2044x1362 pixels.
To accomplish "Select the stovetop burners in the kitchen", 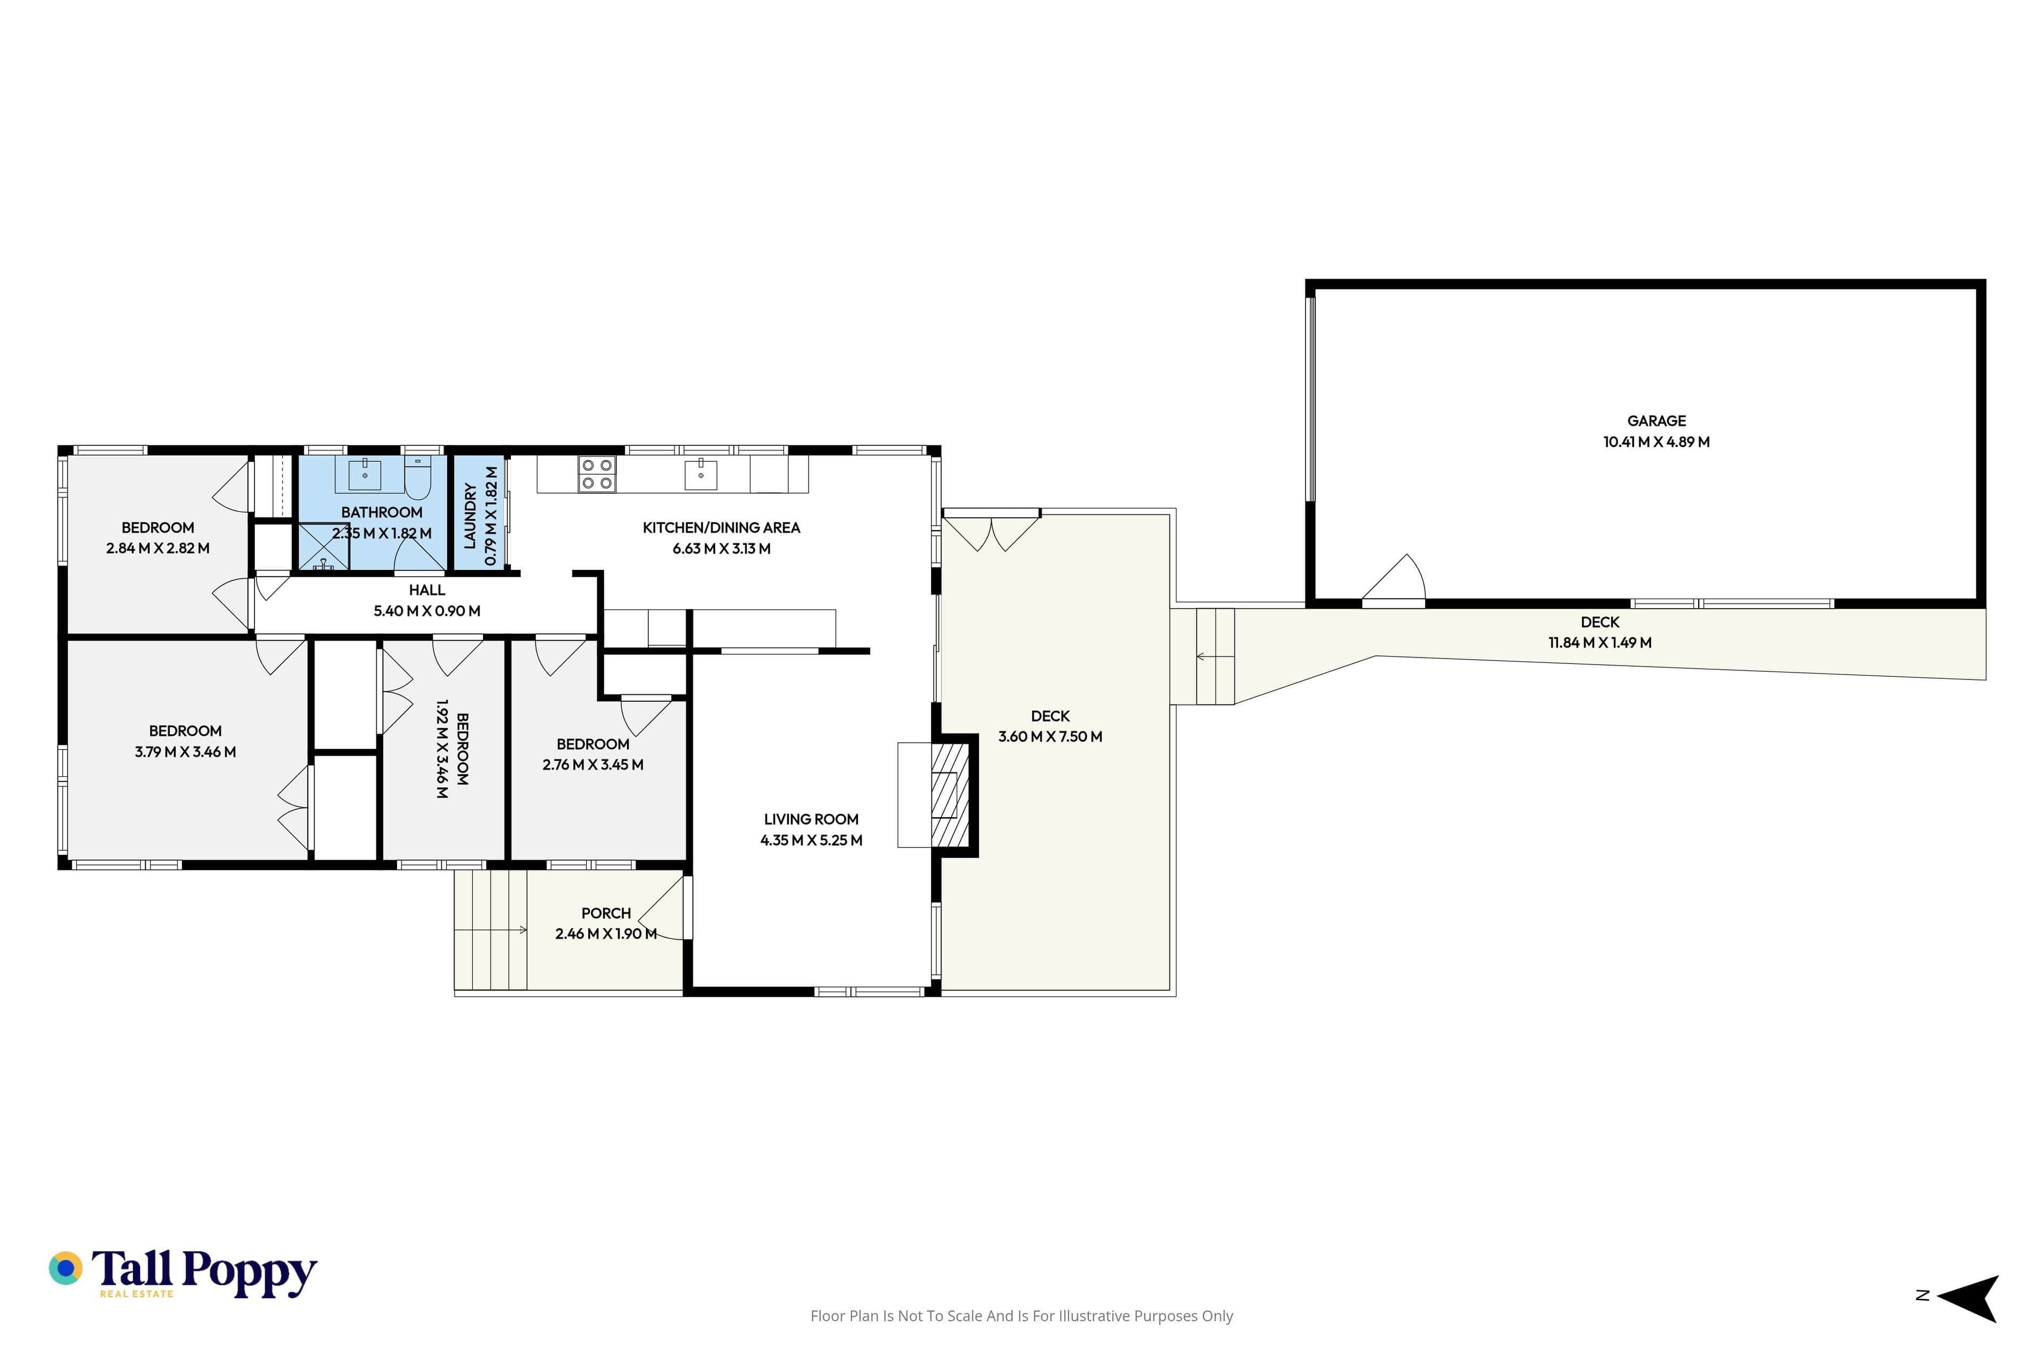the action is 597,474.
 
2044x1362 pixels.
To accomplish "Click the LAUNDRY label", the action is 470,516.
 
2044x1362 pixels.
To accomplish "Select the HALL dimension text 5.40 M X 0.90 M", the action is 427,611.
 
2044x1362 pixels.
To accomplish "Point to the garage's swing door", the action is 1393,578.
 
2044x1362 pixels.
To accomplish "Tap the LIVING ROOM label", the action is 811,820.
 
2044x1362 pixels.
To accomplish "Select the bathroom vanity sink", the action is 365,475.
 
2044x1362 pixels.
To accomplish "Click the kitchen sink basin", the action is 700,475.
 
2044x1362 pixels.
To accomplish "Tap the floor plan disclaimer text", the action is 1021,1316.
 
